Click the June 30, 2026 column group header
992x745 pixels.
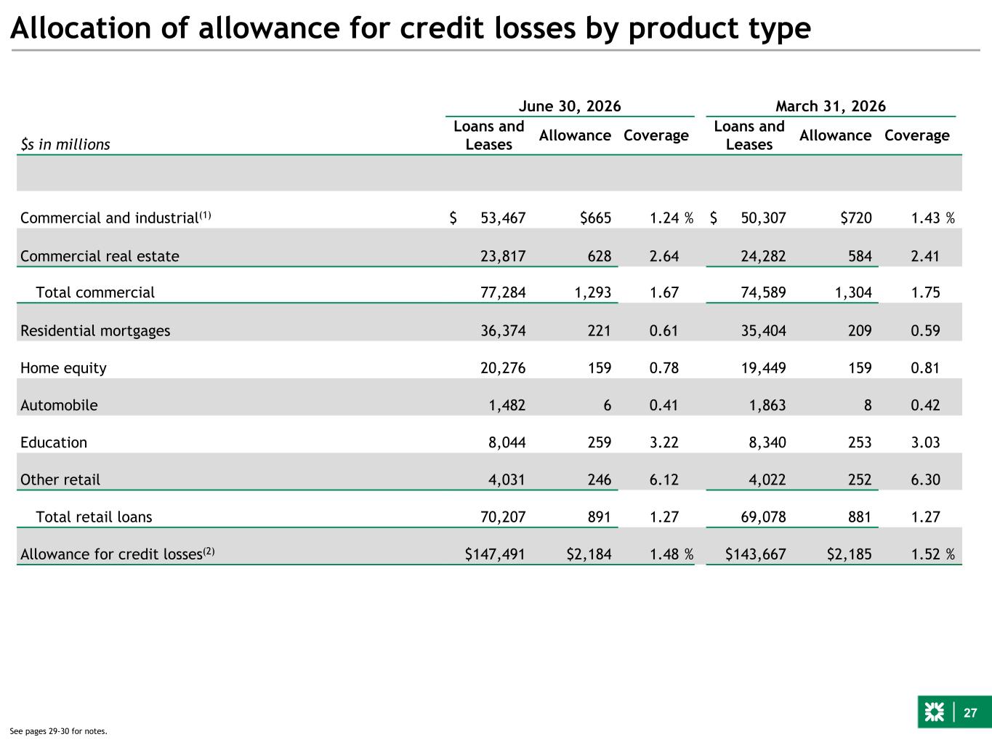[x=570, y=106]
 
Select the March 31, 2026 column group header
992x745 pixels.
[x=831, y=106]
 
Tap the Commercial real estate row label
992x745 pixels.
[x=100, y=256]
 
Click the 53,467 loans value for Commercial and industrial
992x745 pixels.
[x=503, y=218]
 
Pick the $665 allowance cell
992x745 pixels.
[x=596, y=218]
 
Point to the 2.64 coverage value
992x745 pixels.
[x=664, y=256]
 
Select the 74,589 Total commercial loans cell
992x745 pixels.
[x=763, y=292]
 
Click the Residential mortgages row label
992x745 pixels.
[x=95, y=330]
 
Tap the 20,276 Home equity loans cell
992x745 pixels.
[x=503, y=367]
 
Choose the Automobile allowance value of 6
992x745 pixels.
[x=608, y=405]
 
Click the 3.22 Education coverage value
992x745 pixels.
[x=664, y=442]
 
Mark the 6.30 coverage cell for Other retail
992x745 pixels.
[x=925, y=479]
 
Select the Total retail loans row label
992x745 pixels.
[x=94, y=517]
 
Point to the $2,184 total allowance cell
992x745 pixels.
[x=589, y=554]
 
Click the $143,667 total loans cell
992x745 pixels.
[x=756, y=554]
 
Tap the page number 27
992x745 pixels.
[x=970, y=713]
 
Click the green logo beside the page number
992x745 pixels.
[x=934, y=712]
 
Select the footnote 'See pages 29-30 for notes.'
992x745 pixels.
[x=58, y=731]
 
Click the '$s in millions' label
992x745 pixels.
[x=65, y=144]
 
